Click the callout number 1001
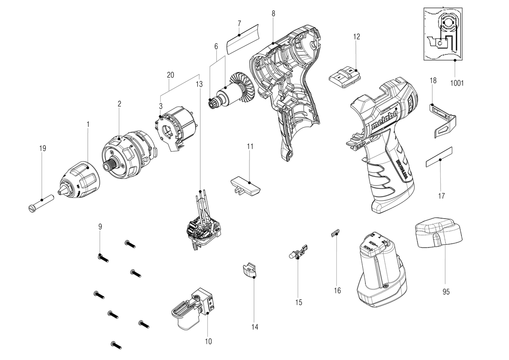(457, 83)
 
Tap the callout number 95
(446, 292)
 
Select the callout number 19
(42, 148)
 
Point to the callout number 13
(199, 84)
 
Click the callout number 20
(171, 75)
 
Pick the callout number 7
(239, 23)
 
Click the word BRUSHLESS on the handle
(402, 171)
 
